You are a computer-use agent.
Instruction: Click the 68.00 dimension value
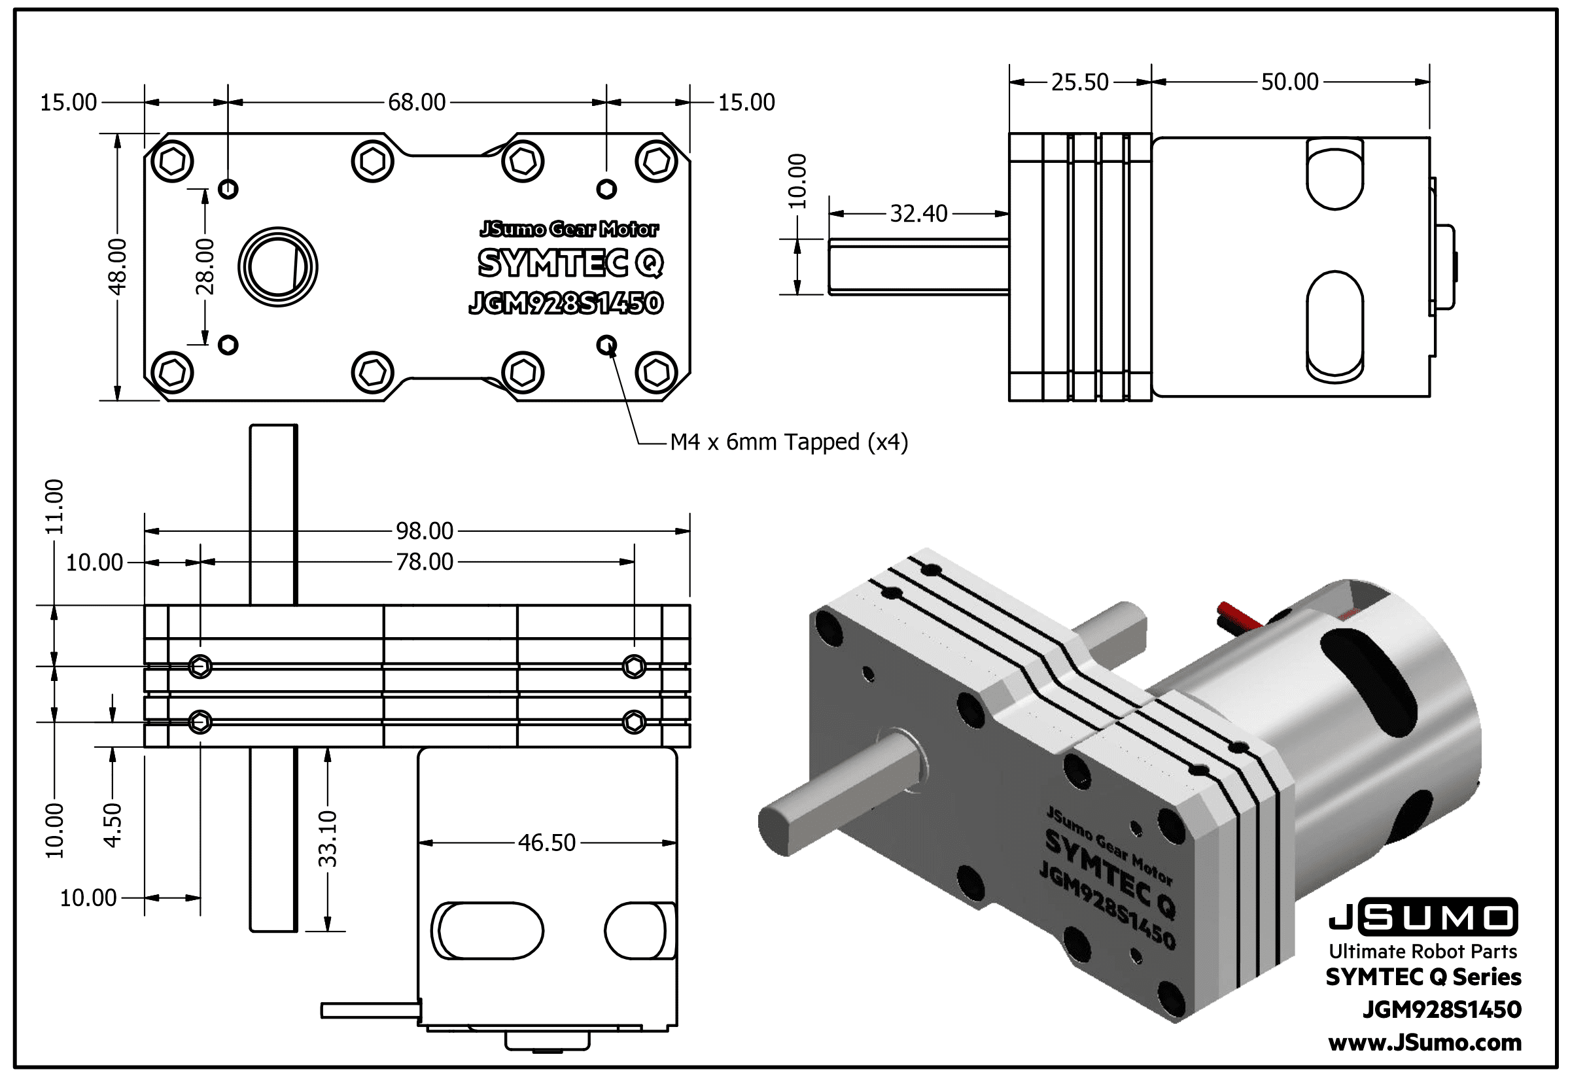click(417, 102)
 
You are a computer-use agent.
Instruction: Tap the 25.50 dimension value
click(1079, 82)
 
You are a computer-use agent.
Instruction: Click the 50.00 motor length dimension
click(1289, 82)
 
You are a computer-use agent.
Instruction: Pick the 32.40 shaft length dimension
click(918, 214)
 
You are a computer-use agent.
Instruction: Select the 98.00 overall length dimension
click(425, 531)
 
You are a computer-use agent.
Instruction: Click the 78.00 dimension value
click(425, 562)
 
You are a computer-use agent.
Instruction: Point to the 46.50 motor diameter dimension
click(547, 843)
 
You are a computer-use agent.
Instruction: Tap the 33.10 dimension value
click(328, 839)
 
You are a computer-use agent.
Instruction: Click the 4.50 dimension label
click(113, 825)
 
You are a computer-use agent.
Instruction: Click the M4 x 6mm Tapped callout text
click(789, 443)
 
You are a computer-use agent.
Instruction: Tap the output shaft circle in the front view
click(277, 266)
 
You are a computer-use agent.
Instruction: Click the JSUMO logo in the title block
click(1423, 918)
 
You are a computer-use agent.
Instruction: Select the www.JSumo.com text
click(1425, 1043)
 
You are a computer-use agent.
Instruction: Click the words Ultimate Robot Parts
click(1423, 951)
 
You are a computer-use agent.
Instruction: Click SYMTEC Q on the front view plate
click(570, 263)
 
